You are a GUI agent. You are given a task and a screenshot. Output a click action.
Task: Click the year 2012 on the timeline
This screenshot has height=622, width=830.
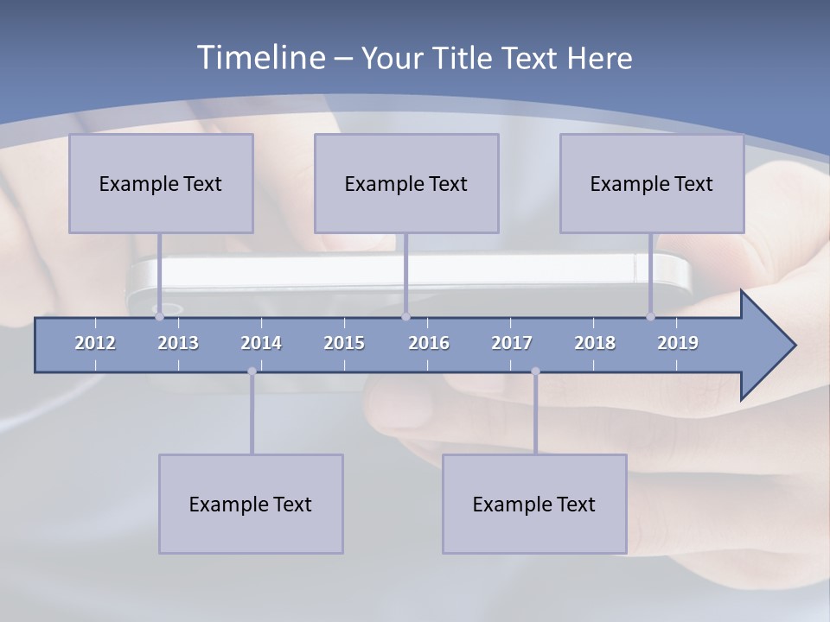tap(95, 343)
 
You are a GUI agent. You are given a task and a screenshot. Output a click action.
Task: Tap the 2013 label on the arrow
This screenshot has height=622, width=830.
tap(178, 343)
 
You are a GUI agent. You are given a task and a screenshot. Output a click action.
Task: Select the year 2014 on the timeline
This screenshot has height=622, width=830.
tap(261, 343)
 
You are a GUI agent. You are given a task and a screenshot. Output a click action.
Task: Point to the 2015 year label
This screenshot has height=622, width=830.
tap(344, 343)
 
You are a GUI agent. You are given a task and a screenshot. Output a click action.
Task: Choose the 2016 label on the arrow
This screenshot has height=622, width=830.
tap(429, 343)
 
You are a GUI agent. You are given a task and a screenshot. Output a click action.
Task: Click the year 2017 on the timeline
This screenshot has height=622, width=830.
tap(512, 343)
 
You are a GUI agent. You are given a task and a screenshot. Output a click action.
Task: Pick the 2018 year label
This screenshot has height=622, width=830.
tap(595, 343)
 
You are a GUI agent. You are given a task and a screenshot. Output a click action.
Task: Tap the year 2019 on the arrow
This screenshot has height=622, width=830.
tap(678, 343)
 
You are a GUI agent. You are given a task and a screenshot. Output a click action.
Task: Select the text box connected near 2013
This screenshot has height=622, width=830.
tap(161, 183)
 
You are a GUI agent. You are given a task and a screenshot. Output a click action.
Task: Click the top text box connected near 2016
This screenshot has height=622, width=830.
tap(406, 183)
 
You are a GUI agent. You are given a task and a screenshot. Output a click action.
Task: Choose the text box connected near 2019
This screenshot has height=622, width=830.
tap(652, 183)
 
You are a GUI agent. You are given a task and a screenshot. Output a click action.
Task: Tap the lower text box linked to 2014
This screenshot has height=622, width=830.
tap(251, 504)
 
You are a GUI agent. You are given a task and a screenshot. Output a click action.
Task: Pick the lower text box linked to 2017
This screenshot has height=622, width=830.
tap(534, 504)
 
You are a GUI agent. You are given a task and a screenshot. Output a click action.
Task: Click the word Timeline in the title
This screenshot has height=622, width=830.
tap(260, 58)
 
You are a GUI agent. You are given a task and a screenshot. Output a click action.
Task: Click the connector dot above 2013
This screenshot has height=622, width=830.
tap(159, 317)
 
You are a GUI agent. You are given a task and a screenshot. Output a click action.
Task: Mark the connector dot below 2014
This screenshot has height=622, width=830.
tap(252, 371)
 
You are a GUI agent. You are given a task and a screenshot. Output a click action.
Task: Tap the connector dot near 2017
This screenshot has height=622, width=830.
tap(535, 371)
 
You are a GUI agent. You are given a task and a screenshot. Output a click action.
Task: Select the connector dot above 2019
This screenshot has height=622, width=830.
tap(651, 317)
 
